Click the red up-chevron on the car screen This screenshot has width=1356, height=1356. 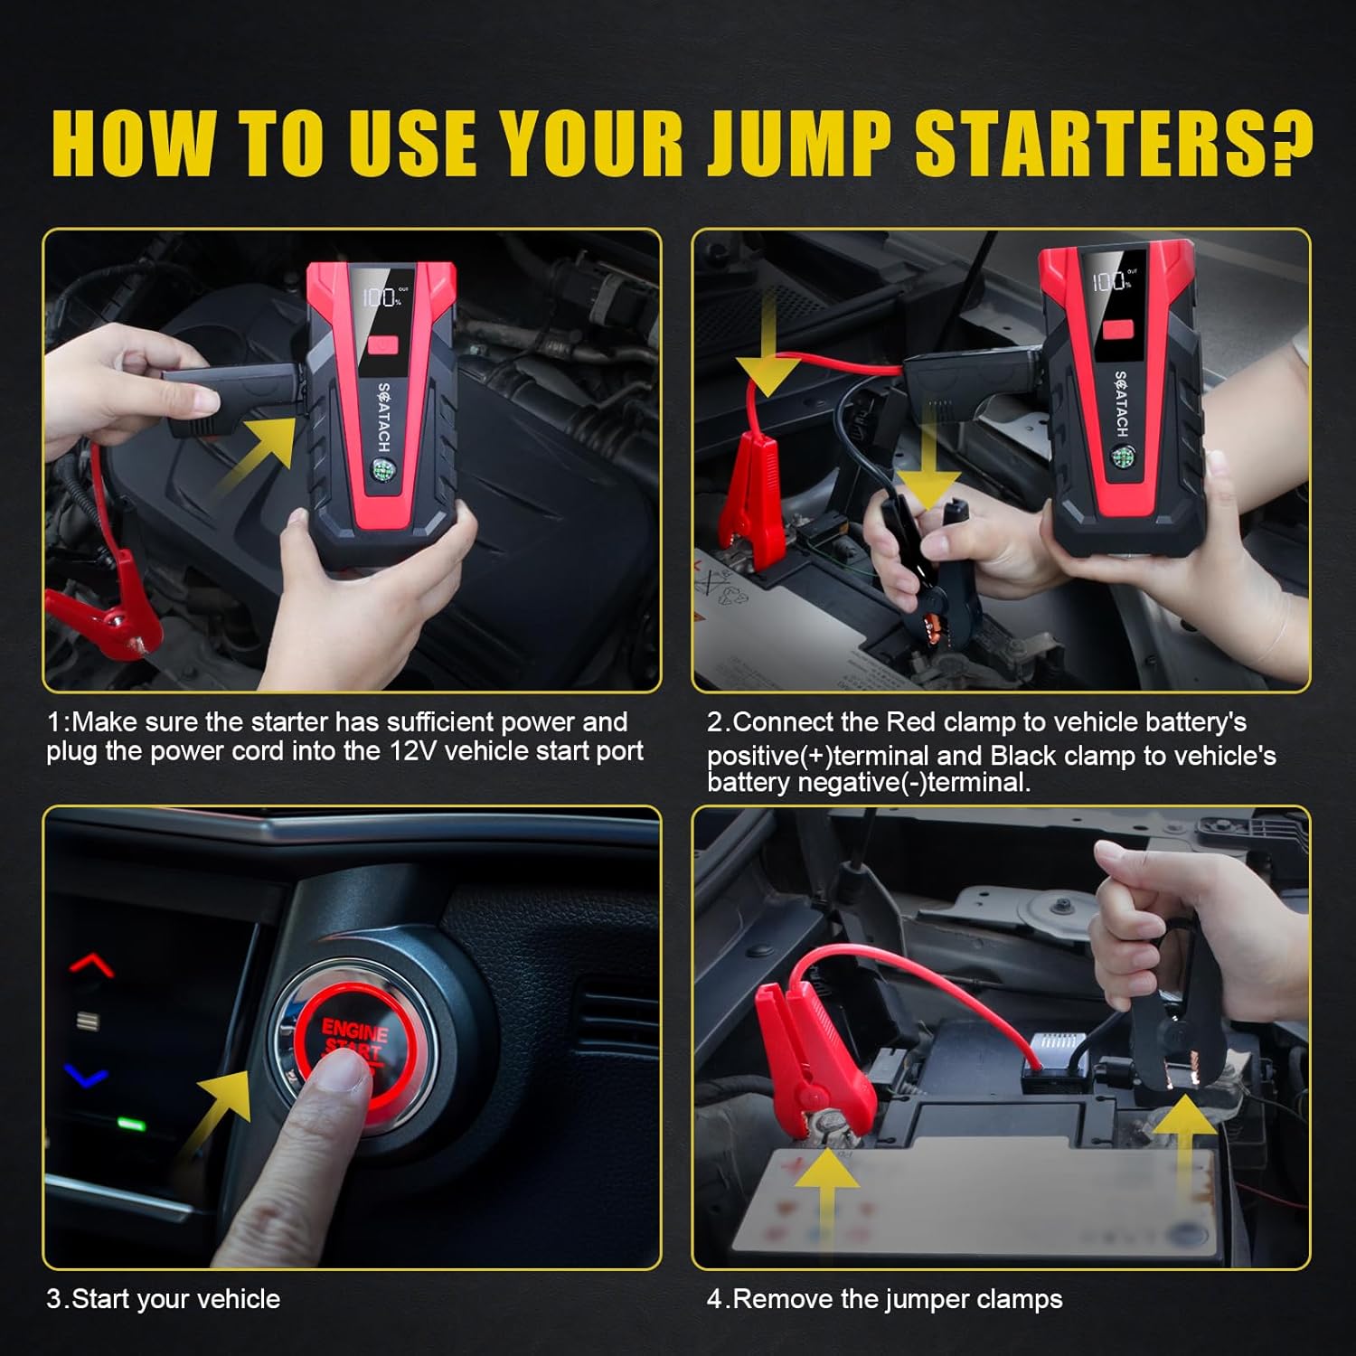coord(91,965)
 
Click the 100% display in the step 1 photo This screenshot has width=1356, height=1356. coord(384,297)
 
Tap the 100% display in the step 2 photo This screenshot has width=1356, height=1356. coord(1111,281)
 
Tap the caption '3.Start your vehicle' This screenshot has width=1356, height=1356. coord(163,1299)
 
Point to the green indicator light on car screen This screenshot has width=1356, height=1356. coord(131,1125)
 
